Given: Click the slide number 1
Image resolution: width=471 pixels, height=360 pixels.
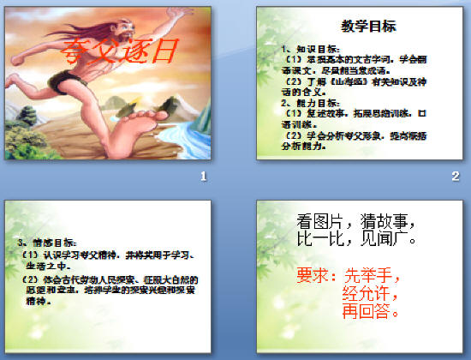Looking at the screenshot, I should point(203,177).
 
